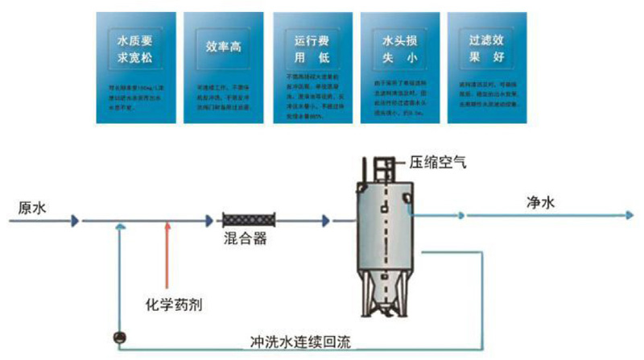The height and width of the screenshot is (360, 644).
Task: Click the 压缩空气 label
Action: point(439,161)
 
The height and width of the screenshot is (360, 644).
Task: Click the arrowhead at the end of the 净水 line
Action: point(628,216)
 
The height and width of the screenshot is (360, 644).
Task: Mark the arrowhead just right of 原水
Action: point(74,219)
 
